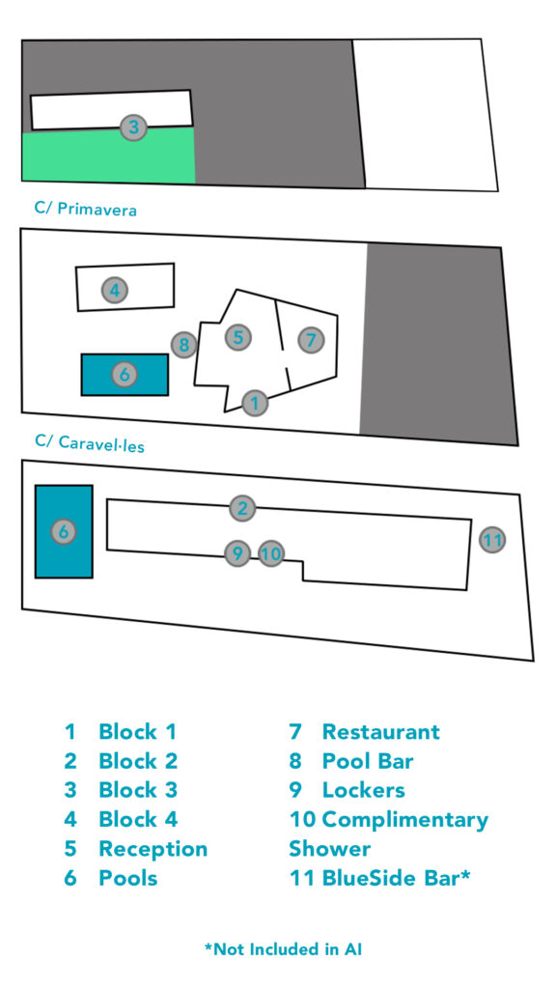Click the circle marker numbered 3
coord(133,127)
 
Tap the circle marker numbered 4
coord(115,291)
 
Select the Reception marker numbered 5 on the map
coord(237,337)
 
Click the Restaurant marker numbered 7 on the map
coord(310,341)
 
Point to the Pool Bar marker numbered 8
coord(184,345)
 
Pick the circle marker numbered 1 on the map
coord(255,402)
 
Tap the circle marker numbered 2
coord(242,508)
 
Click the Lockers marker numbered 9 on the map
coord(237,553)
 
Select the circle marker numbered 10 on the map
coord(271,553)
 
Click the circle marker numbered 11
coord(492,540)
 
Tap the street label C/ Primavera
coord(86,209)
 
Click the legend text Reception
coord(153,849)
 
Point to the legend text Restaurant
coord(380,732)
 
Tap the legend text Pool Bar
coord(368,761)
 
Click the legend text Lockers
coord(364,790)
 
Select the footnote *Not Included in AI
coord(283,948)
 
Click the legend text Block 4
coord(138,819)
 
